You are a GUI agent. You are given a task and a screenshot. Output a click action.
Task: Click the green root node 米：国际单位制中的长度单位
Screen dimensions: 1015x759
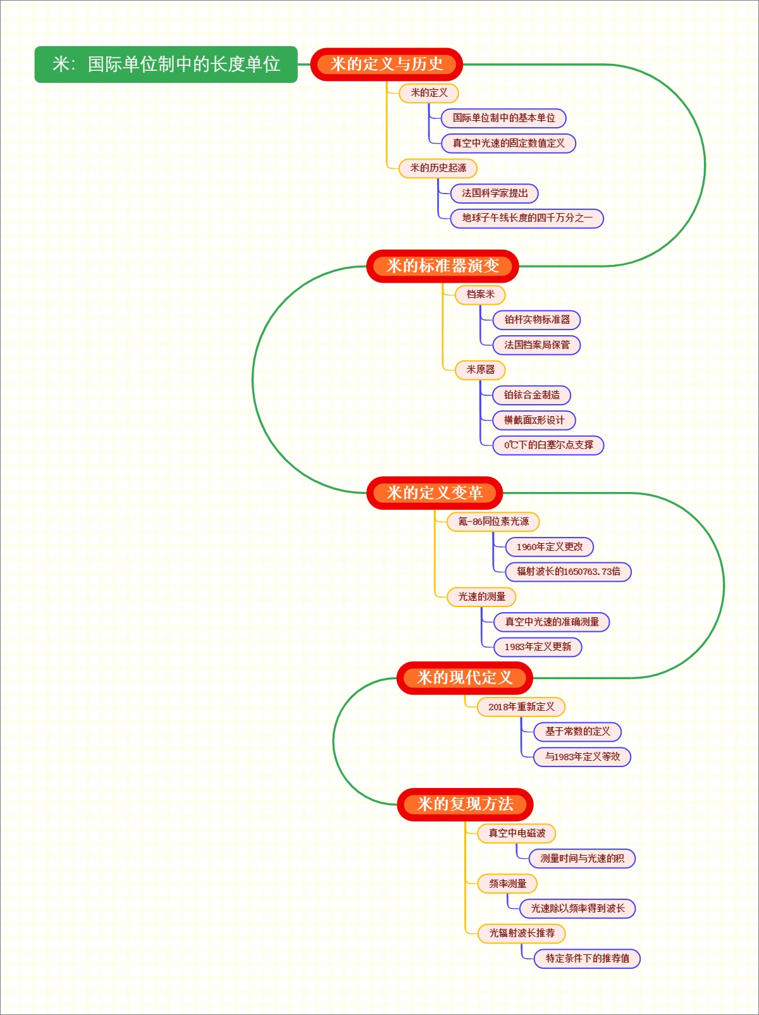(166, 65)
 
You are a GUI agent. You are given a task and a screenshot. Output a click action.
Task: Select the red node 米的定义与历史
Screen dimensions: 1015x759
(386, 65)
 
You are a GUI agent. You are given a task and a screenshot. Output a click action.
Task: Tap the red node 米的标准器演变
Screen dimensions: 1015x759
(442, 266)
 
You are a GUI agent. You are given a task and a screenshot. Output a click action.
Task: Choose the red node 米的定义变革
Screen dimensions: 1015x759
(435, 493)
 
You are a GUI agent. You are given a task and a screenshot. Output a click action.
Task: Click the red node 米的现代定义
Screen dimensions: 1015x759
(464, 678)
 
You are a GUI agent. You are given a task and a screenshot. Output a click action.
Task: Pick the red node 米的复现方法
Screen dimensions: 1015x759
(465, 804)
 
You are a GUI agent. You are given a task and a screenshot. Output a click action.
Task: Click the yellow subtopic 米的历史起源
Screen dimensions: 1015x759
(438, 168)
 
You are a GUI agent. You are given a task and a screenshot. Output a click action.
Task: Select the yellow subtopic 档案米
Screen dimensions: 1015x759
(480, 295)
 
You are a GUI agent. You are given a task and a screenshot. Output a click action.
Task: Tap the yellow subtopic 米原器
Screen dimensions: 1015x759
(480, 370)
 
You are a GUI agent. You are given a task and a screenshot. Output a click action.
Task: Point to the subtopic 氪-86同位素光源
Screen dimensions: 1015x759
(493, 522)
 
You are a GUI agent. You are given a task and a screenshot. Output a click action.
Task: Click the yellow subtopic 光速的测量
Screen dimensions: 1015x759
(481, 597)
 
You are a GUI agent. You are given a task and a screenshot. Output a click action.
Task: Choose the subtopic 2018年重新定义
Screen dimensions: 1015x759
(521, 707)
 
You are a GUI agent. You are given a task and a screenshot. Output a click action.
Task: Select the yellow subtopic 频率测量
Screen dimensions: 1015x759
(507, 883)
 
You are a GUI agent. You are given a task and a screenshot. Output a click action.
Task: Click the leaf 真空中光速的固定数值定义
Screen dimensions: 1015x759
(509, 144)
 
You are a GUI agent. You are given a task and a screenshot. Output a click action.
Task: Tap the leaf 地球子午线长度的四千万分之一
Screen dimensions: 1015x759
(527, 218)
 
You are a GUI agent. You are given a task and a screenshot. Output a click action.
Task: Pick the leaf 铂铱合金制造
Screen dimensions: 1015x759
(531, 395)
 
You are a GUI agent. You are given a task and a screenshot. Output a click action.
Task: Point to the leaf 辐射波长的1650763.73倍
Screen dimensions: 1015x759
(568, 572)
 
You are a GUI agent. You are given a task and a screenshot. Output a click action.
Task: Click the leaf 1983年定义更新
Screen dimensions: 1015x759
(538, 647)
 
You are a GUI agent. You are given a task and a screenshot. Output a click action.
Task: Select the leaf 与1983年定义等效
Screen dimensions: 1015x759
(582, 757)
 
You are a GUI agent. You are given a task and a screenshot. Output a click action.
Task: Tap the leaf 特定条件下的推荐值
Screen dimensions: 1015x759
(587, 959)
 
